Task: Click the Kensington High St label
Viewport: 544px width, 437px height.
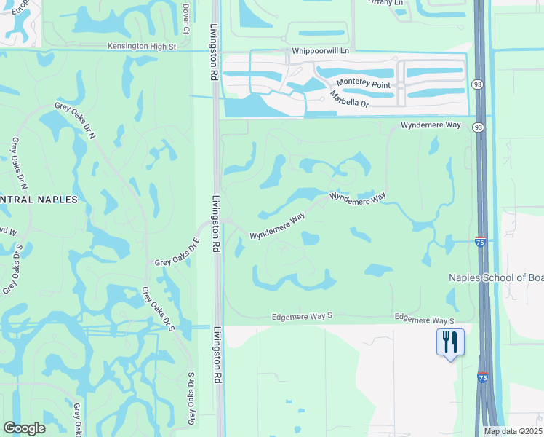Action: point(142,46)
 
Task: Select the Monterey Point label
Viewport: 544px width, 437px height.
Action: point(361,85)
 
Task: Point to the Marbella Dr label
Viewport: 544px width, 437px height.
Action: point(349,100)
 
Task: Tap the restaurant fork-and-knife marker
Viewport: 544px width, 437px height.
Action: point(449,341)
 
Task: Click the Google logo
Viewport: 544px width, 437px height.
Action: point(24,428)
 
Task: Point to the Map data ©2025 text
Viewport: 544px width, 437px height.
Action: point(512,431)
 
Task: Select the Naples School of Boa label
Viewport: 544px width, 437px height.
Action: point(496,277)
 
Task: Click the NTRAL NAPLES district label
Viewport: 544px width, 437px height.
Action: point(39,199)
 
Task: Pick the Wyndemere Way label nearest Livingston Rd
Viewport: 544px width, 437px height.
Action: point(277,227)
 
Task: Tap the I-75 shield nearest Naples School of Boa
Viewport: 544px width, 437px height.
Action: point(480,242)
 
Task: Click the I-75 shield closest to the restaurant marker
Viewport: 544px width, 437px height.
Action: point(483,377)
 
